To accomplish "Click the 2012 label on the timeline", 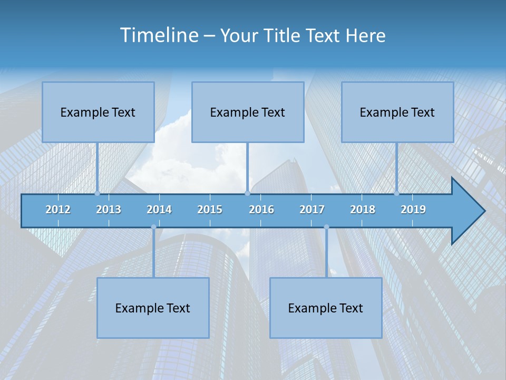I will point(58,210).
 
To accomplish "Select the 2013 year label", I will point(109,210).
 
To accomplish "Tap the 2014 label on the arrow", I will point(159,210).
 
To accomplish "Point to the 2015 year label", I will point(210,210).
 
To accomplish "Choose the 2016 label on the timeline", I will point(261,210).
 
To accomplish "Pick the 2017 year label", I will point(312,210).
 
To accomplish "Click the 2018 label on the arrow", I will point(363,210).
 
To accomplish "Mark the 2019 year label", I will point(413,210).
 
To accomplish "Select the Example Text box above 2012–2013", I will point(98,112).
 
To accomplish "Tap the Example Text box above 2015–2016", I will point(248,112).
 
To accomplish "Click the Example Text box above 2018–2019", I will point(397,112).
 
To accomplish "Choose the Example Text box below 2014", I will point(153,308).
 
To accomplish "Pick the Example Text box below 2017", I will point(326,308).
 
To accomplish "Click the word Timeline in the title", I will point(159,35).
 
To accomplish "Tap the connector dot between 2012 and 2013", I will point(97,193).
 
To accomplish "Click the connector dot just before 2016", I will point(247,193).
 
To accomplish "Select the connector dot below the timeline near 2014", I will point(153,227).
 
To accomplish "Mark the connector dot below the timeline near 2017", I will point(326,227).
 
